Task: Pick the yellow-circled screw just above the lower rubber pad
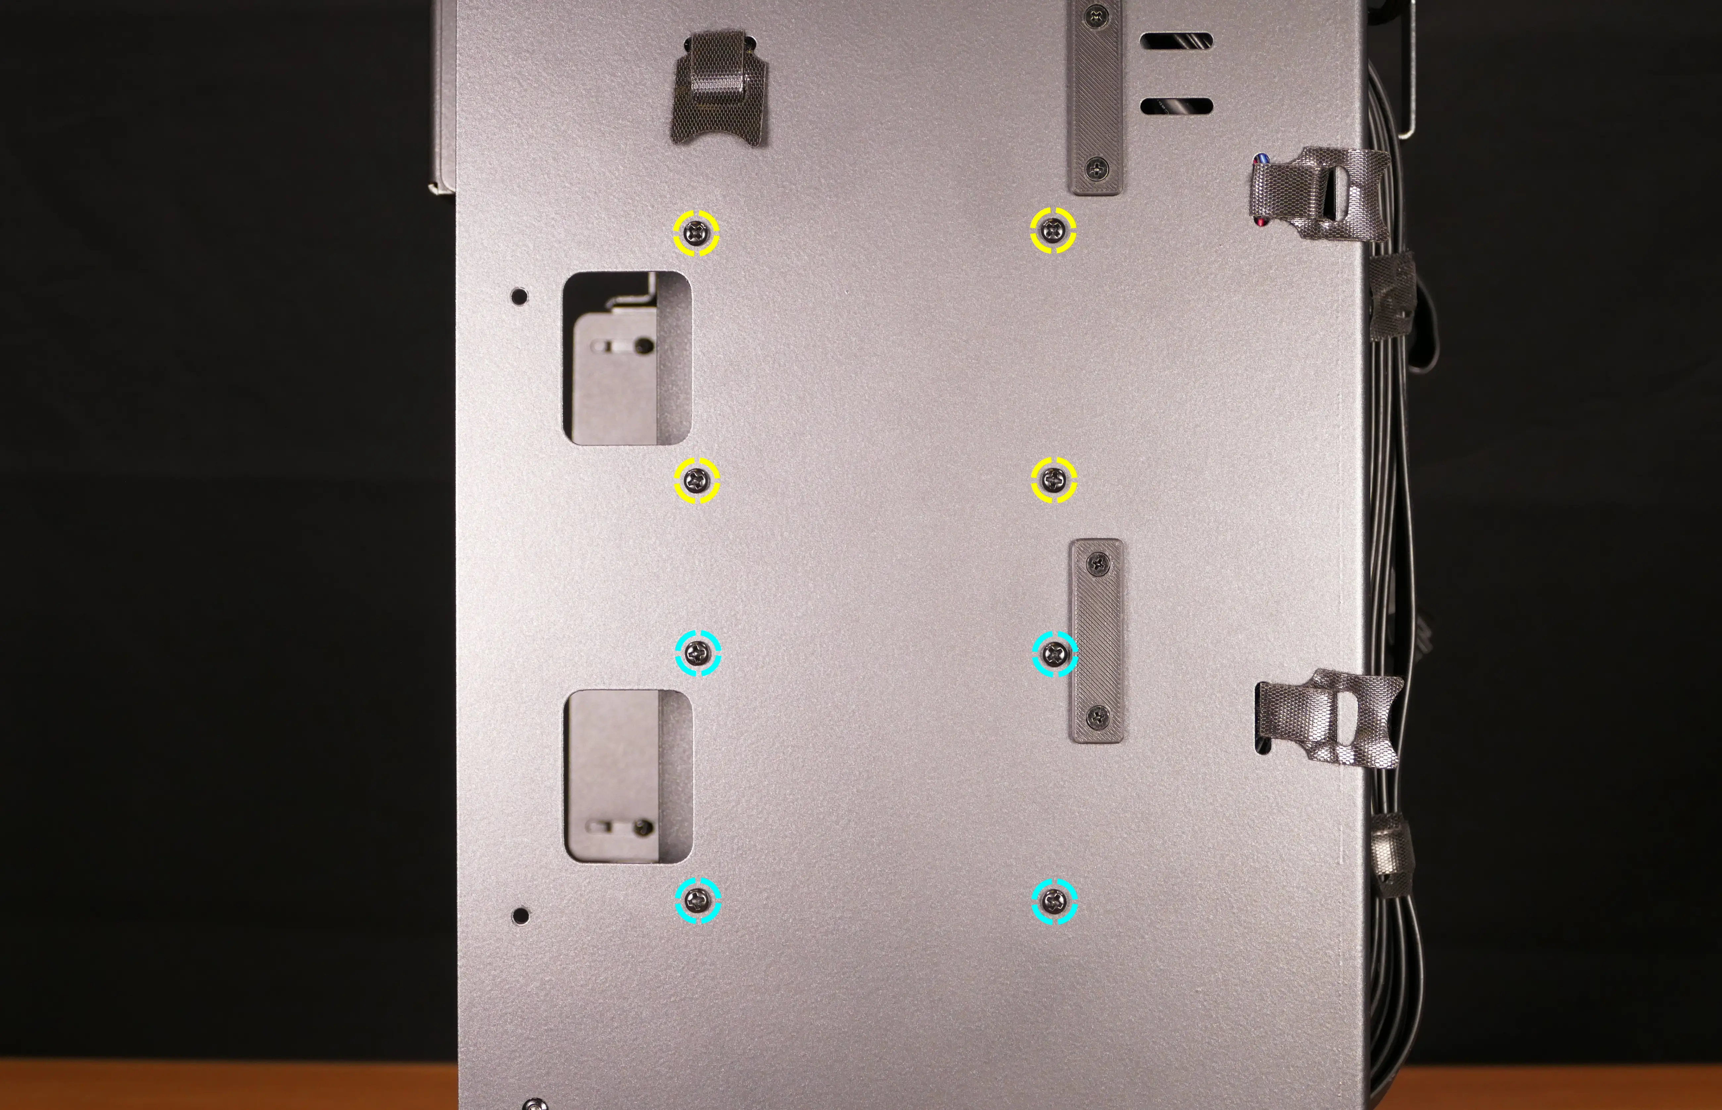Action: [1054, 479]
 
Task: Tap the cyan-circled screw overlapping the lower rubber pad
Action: [1055, 654]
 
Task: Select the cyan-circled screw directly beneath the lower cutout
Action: [697, 900]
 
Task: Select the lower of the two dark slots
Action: [1176, 106]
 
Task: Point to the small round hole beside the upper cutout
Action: [519, 295]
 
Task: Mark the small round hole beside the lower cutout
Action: [520, 915]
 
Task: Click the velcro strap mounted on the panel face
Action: [718, 88]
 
